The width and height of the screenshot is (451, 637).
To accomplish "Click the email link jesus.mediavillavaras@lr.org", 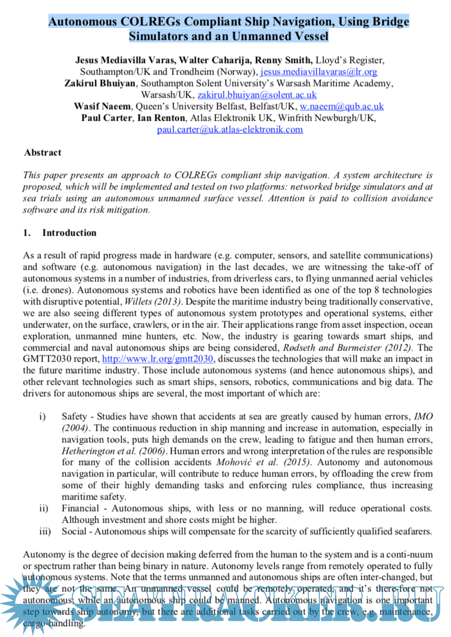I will (x=319, y=71).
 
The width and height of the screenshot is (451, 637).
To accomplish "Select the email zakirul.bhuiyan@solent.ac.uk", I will (x=257, y=95).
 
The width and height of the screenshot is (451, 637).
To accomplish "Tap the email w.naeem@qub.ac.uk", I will (x=341, y=107).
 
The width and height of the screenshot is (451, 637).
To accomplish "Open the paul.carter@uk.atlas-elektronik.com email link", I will (x=230, y=130).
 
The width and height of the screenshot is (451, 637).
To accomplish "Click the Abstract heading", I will (x=42, y=153).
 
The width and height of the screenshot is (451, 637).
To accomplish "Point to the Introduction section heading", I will (x=69, y=232).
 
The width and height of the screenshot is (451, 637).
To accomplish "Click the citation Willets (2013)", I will (x=153, y=301).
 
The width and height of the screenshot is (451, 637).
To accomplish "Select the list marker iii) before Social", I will (x=45, y=532).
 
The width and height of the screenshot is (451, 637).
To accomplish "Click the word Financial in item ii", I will (x=80, y=508).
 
